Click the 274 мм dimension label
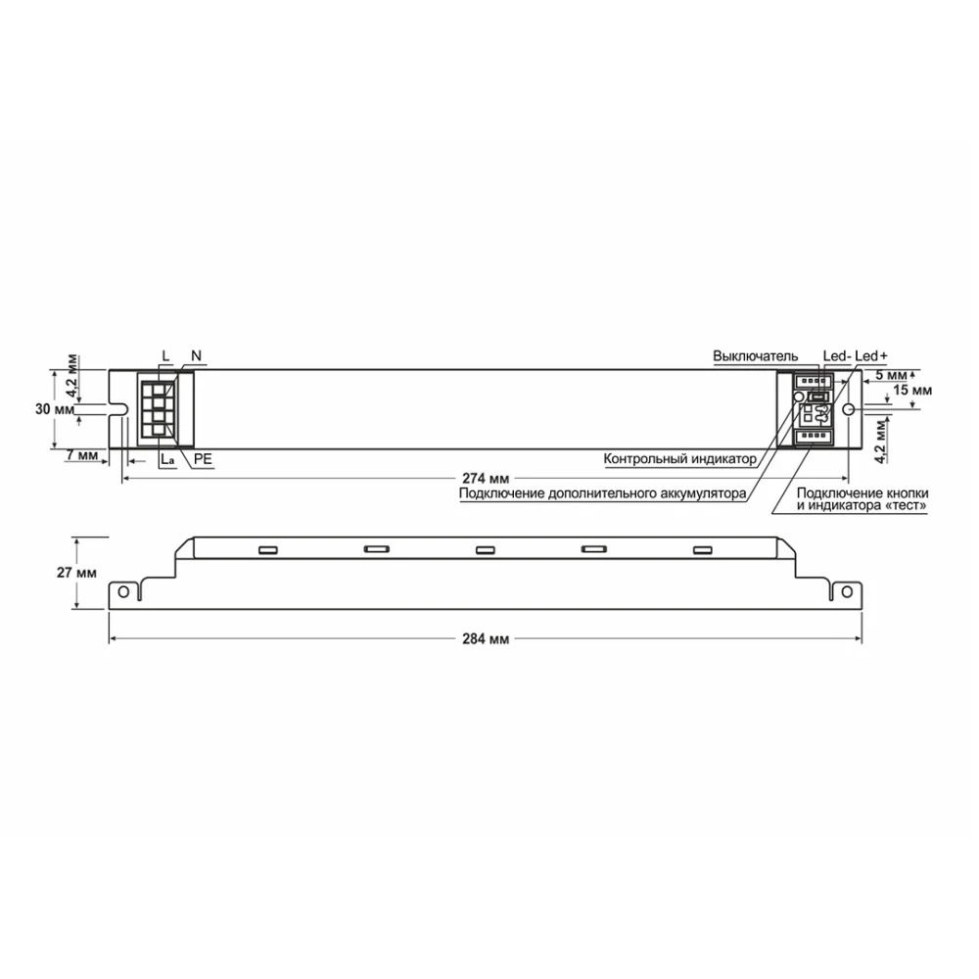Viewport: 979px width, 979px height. [x=487, y=477]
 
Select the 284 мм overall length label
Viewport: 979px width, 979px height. [x=487, y=638]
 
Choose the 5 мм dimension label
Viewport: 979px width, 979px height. [x=891, y=374]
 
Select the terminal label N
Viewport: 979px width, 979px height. [x=196, y=354]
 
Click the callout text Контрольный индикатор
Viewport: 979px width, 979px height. [x=679, y=458]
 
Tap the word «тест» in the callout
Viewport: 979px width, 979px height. [x=908, y=505]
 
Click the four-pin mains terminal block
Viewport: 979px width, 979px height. [x=157, y=410]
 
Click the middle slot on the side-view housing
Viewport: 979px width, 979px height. [x=482, y=549]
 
